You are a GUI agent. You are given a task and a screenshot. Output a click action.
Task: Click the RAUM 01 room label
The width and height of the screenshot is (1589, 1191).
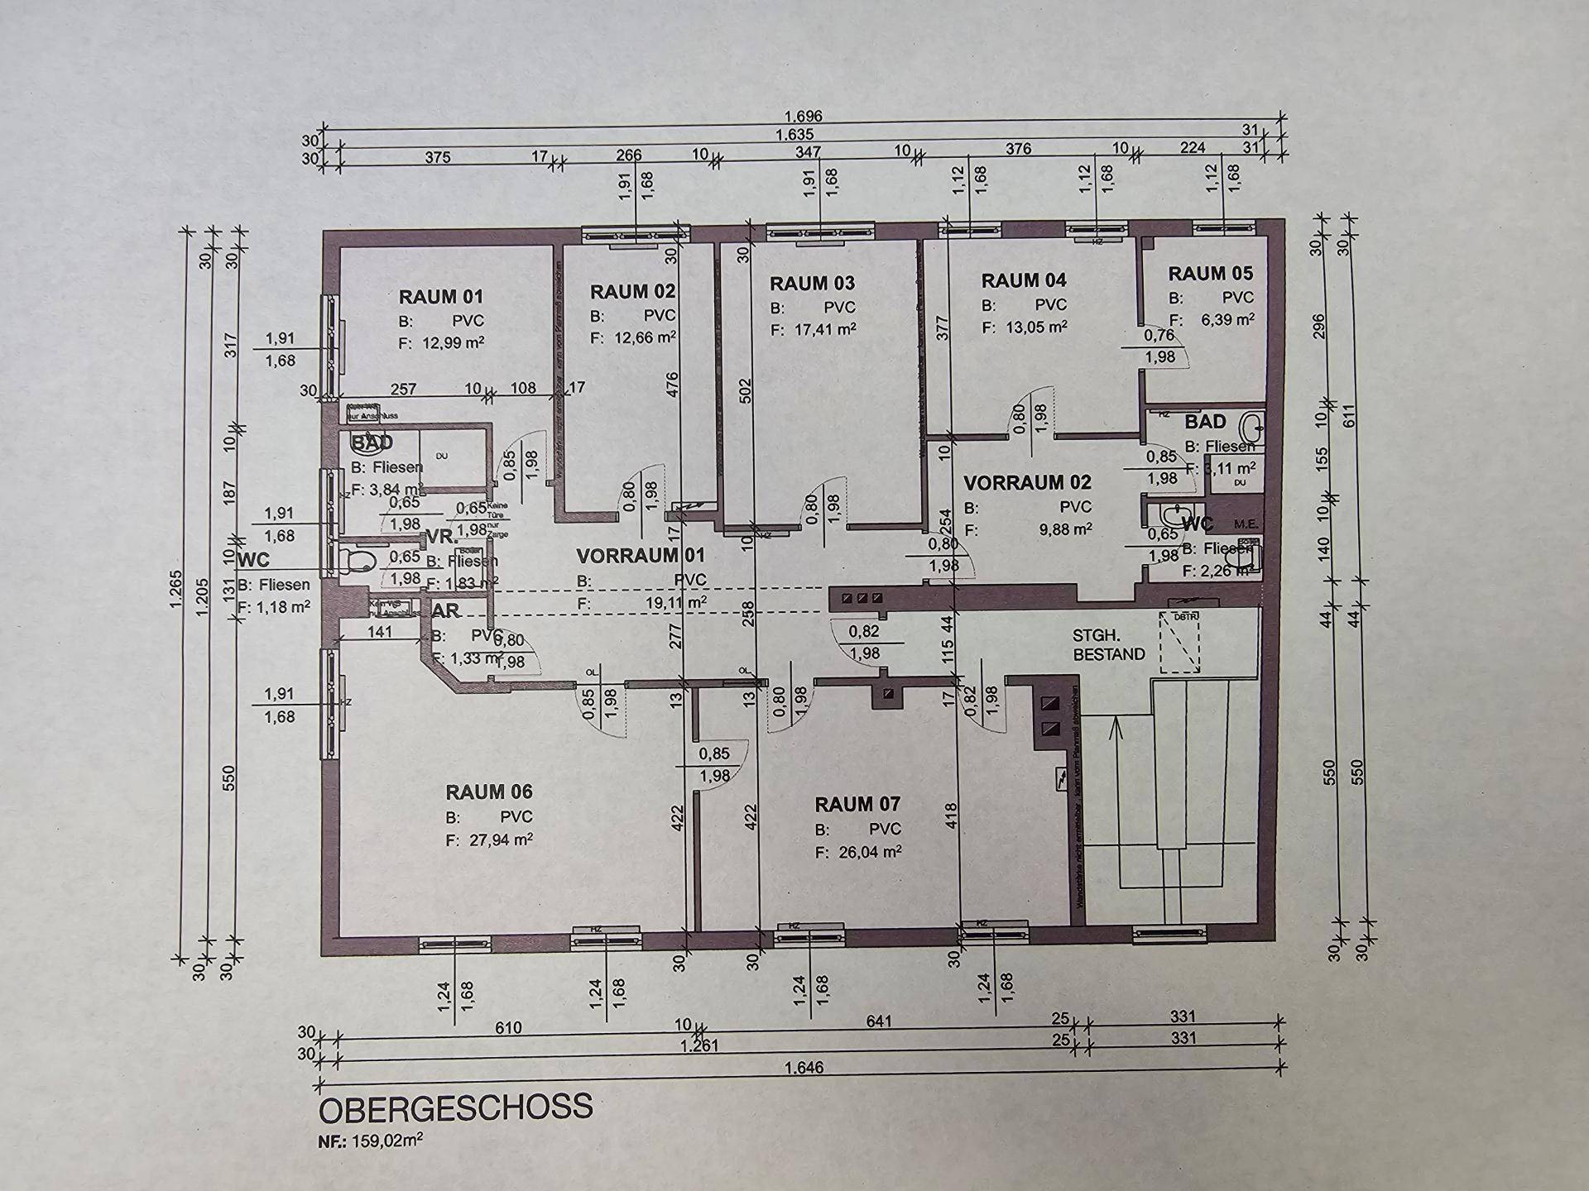pos(440,296)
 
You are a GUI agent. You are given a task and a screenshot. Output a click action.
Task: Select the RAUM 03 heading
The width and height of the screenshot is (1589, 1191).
pos(812,284)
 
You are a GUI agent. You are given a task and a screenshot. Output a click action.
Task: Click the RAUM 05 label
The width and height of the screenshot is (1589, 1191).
pos(1210,273)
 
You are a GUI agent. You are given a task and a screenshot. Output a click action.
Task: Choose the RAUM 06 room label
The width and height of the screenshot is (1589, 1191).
pos(488,792)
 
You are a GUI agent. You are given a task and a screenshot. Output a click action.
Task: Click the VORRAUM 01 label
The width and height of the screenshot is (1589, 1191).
pos(640,555)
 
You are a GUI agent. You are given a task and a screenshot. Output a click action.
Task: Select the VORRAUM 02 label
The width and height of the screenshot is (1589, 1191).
pos(1027,481)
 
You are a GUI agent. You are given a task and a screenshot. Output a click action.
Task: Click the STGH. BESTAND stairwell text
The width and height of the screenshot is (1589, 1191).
pos(1108,644)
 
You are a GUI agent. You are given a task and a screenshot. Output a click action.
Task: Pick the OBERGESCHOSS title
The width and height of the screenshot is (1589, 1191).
pos(456,1107)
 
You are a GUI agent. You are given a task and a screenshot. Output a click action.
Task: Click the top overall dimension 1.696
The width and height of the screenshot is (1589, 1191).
pos(803,117)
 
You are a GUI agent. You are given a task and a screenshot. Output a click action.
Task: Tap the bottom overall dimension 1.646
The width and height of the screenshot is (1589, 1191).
pos(804,1068)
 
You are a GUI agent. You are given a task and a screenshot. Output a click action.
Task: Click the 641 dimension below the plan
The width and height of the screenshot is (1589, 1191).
pos(878,1021)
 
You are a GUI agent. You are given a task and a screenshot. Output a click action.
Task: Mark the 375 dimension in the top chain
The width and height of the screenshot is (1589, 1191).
pos(437,157)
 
